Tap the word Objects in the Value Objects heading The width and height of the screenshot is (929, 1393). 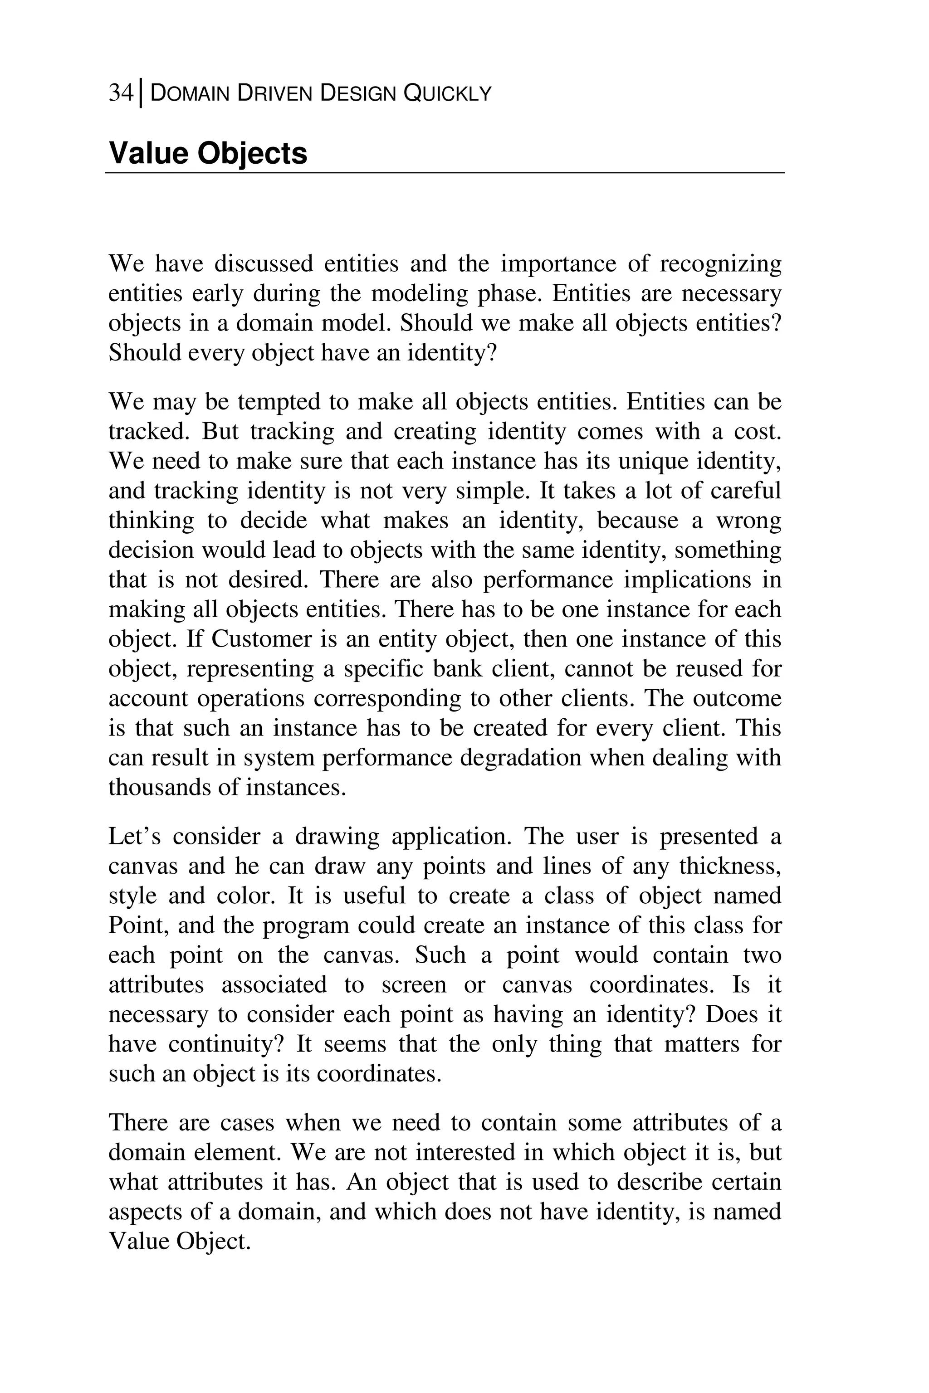[252, 153]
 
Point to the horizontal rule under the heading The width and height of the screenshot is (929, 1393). [445, 173]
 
